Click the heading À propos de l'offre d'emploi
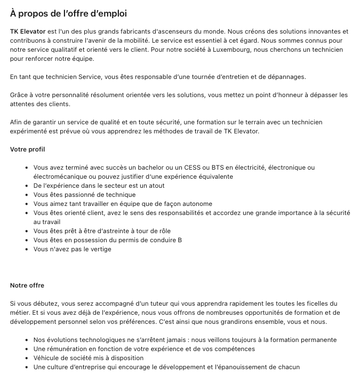tap(68, 13)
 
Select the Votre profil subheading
tap(28, 149)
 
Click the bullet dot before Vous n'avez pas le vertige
tap(27, 249)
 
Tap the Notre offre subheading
tap(27, 285)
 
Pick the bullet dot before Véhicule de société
tap(27, 358)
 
